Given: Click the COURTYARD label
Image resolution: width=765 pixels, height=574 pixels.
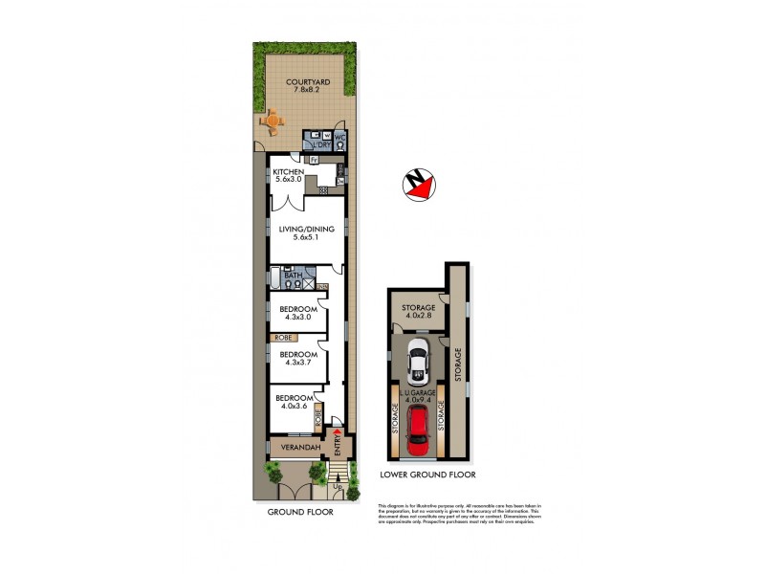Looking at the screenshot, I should coord(310,83).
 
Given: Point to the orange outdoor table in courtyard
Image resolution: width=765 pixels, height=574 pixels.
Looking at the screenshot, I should coord(273,121).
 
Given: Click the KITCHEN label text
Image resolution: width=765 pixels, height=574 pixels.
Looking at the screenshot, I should coord(289,171).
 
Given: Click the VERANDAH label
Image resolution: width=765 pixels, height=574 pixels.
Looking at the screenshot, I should coord(293,447).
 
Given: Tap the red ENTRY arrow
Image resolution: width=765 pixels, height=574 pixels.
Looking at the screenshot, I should coord(336,435).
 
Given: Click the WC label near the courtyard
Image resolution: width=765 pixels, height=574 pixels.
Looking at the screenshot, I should coord(339,137).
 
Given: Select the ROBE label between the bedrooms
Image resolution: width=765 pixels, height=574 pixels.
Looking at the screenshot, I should coord(283,338).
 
